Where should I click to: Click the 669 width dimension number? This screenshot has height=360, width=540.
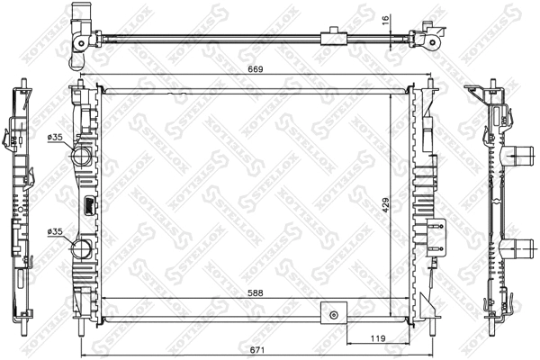pyautogui.click(x=256, y=69)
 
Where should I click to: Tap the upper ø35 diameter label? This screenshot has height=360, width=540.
pyautogui.click(x=55, y=138)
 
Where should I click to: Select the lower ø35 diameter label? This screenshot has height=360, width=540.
pyautogui.click(x=55, y=232)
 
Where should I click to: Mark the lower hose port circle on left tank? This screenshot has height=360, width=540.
pyautogui.click(x=82, y=249)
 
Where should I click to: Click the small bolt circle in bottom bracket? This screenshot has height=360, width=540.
pyautogui.click(x=335, y=315)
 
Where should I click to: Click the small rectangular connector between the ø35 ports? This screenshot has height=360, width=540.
pyautogui.click(x=88, y=205)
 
